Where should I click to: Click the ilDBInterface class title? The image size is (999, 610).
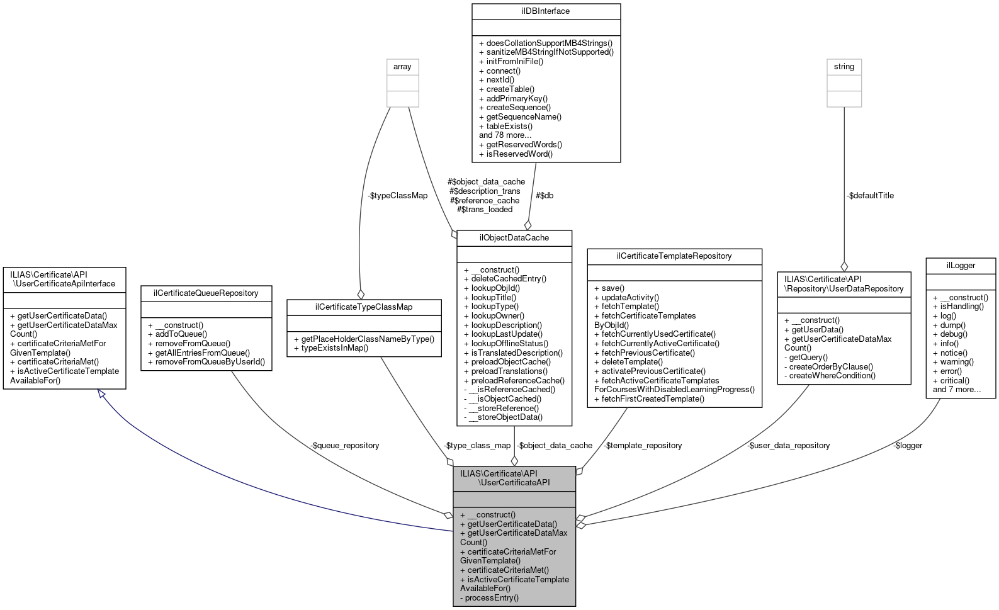coord(546,11)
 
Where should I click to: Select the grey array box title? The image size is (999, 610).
coord(402,67)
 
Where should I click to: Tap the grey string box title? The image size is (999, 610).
coord(844,67)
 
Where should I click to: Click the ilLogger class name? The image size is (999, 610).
coord(961,266)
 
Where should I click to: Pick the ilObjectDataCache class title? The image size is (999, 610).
coord(514,238)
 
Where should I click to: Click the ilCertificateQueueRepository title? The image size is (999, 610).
coord(206,293)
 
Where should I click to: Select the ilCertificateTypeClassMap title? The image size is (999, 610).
coord(364,307)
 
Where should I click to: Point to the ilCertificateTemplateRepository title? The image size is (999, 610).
coord(674,256)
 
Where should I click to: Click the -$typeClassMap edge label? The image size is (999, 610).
coord(397,196)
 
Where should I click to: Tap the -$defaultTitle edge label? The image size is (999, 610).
coord(870,196)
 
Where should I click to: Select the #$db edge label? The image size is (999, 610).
coord(545,196)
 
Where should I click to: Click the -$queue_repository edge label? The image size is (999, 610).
coord(344,446)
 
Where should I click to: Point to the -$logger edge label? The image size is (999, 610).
coord(907,446)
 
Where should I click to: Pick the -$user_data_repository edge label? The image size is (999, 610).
coord(789,446)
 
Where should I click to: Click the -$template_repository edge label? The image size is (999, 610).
coord(643,446)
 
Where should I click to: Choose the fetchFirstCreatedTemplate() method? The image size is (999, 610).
coord(649,399)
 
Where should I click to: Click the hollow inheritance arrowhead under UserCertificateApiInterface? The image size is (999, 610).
coord(101,394)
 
